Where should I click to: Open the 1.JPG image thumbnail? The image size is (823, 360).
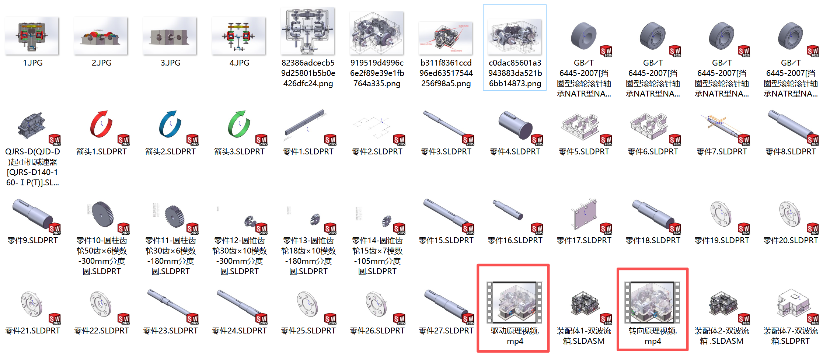32,36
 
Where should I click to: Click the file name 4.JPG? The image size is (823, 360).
239,63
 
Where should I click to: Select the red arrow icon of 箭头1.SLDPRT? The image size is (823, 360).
101,124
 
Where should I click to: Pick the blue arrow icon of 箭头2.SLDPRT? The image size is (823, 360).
170,124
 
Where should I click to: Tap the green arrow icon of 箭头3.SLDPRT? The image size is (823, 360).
239,124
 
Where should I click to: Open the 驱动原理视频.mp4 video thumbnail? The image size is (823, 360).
515,303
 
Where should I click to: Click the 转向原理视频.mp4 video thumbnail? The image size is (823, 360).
652,303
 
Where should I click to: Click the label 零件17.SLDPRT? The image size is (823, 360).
584,241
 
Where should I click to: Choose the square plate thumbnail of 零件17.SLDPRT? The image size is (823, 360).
585,214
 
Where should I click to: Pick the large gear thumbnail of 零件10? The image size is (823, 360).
102,214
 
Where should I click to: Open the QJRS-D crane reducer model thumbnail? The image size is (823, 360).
32,125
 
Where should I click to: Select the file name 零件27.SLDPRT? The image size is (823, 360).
446,331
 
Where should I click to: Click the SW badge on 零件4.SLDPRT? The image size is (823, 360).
537,140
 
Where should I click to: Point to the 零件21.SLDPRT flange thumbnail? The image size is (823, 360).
32,304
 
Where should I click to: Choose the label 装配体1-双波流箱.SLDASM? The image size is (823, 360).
584,336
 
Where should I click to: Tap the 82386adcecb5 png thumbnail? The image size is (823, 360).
308,31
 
